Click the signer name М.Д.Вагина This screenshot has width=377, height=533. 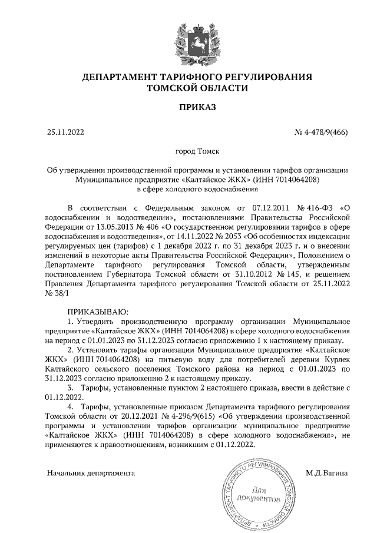328,473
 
